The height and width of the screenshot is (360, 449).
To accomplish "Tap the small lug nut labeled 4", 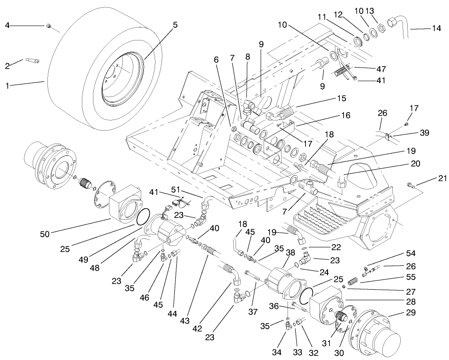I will [48, 26].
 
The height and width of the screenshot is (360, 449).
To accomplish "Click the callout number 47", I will [381, 69].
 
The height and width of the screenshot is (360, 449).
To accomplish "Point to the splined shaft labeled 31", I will [340, 317].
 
